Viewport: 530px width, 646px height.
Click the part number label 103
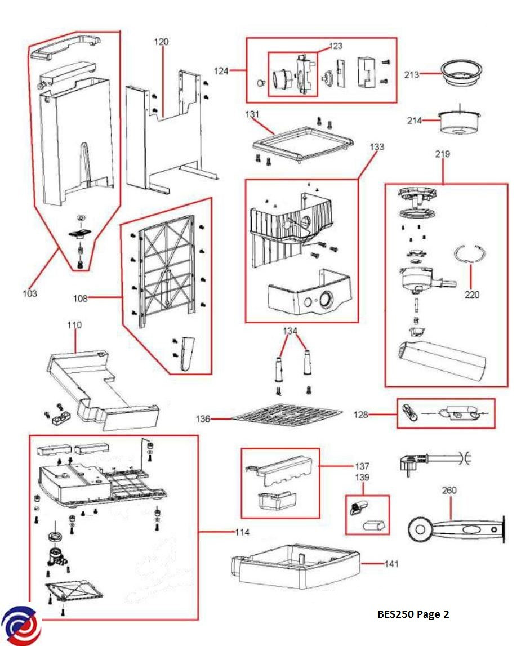[29, 293]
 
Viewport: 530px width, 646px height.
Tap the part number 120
[161, 42]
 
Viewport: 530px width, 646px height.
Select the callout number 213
[412, 74]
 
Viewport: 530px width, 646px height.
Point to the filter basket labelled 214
[459, 123]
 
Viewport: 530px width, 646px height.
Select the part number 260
[449, 491]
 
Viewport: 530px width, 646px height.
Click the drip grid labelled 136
[287, 417]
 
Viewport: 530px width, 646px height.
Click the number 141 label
[391, 564]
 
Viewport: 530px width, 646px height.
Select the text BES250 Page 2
[413, 614]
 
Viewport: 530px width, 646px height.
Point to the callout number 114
[242, 532]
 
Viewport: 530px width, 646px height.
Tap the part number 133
[377, 147]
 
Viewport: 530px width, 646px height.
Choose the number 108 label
[81, 298]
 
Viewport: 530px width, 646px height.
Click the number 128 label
[360, 415]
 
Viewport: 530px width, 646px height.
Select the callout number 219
[442, 154]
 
